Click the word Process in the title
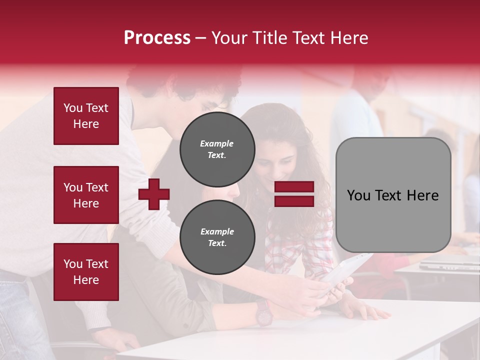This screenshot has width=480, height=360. tap(157, 38)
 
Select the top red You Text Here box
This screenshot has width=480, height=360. tap(86, 116)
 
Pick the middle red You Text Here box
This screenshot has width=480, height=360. tap(86, 195)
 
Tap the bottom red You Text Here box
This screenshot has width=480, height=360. tap(86, 272)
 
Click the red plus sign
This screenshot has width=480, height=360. tap(154, 194)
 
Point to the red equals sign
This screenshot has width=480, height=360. tap(294, 194)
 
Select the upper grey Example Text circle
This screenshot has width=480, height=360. tap(217, 149)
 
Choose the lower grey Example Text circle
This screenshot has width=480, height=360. tap(217, 237)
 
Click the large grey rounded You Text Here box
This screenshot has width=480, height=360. tap(393, 195)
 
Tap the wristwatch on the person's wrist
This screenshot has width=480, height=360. tap(263, 312)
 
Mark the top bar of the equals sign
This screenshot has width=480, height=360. tap(294, 187)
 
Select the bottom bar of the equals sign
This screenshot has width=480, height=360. tap(294, 201)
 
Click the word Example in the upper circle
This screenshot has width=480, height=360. tap(217, 143)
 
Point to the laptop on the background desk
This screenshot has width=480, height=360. tap(447, 262)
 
